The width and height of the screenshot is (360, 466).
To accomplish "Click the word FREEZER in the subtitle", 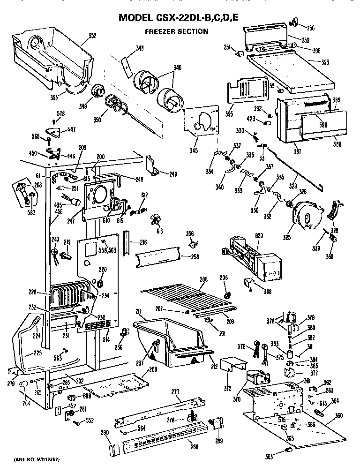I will (159, 31).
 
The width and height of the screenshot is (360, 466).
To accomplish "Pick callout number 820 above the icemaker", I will (259, 236).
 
